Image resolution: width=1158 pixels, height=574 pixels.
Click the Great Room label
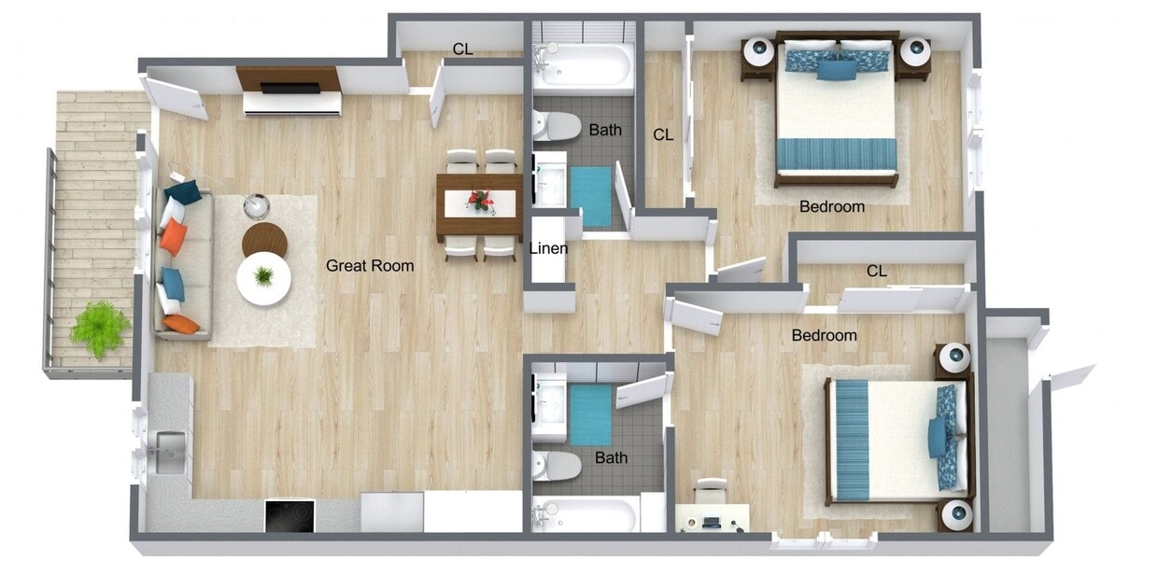click(370, 266)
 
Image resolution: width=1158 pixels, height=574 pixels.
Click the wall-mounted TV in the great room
click(289, 88)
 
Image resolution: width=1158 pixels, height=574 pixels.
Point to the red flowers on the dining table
click(481, 198)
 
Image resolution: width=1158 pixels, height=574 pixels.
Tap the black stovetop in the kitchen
click(289, 516)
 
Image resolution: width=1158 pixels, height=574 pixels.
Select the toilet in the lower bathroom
click(556, 465)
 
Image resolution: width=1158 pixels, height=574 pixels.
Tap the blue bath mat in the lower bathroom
click(590, 414)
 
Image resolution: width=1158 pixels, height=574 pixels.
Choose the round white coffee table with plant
click(263, 278)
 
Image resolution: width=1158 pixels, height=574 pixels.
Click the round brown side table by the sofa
click(264, 239)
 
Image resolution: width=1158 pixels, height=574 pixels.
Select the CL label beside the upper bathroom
click(663, 135)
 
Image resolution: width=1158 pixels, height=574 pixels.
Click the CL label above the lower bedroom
click(876, 272)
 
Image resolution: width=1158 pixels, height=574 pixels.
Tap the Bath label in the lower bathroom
click(612, 458)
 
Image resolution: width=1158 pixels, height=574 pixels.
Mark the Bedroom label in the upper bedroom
click(832, 206)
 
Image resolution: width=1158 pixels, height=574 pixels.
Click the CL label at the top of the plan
click(462, 49)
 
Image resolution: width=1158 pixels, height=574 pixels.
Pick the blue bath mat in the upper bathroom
click(590, 195)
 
